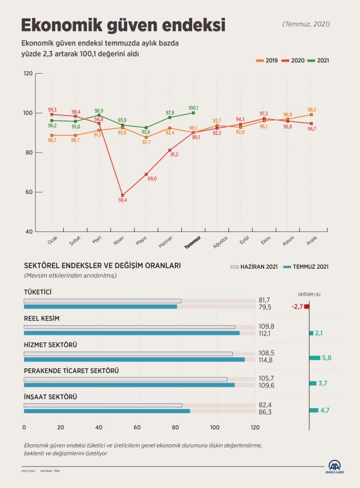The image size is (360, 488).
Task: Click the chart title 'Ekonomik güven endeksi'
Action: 122,25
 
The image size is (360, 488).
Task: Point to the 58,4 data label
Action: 122,200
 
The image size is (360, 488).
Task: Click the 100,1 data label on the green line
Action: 193,108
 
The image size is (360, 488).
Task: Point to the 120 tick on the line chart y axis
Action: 28,74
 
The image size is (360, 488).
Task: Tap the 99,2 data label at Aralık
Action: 312,109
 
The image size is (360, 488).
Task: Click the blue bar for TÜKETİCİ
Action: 101,307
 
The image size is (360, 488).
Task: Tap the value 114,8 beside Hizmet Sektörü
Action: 266,360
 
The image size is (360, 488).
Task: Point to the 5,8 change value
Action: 326,358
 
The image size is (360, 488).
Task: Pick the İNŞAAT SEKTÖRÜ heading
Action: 51,397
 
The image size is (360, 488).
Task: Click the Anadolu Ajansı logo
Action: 335,467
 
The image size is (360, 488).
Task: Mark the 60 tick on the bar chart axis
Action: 137,427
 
